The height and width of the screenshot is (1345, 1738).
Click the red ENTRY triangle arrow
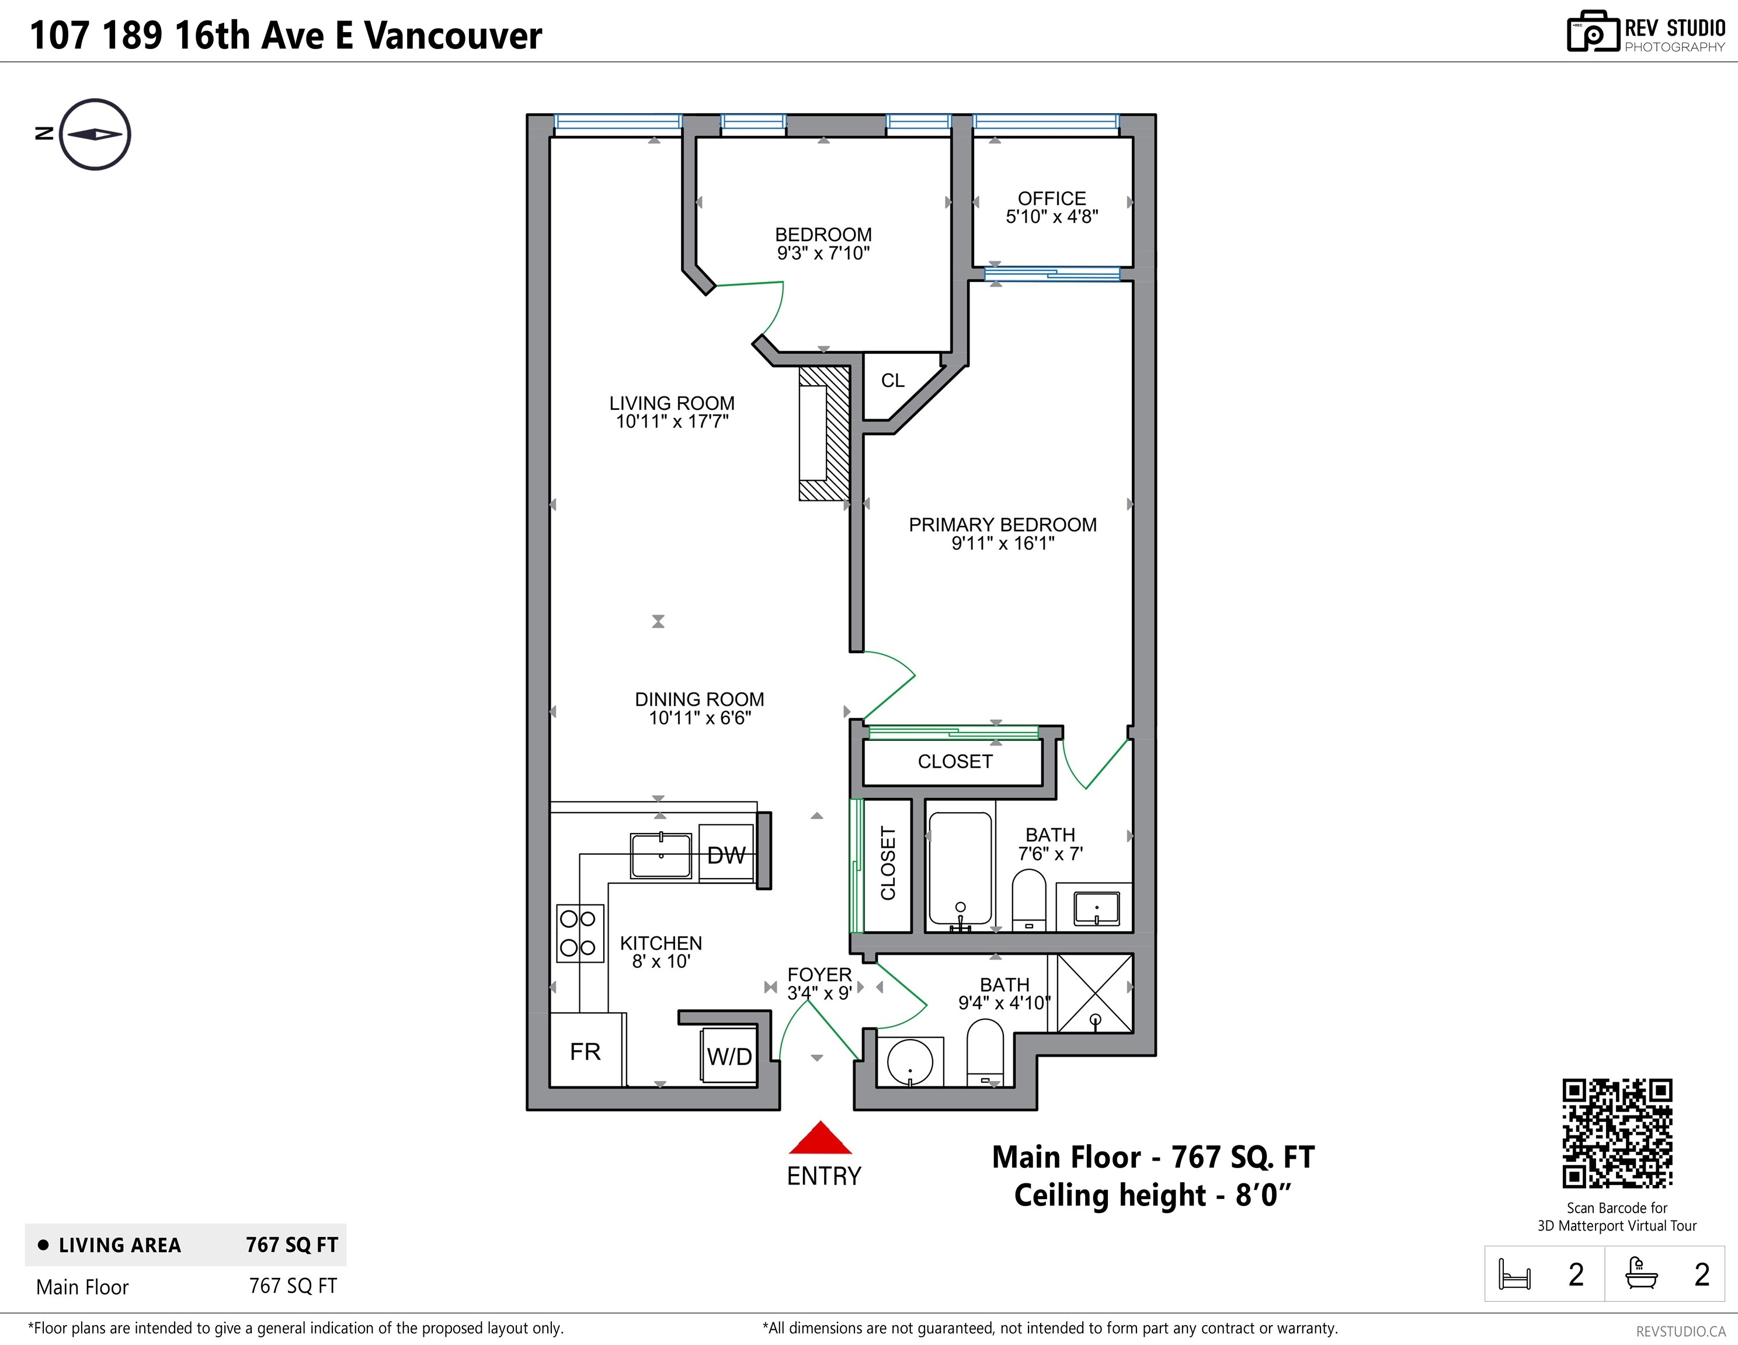click(821, 1139)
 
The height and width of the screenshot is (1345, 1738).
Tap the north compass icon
click(95, 134)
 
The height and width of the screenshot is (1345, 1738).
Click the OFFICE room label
click(1051, 198)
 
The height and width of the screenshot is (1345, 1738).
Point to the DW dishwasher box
click(726, 854)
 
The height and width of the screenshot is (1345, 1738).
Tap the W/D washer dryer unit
click(729, 1055)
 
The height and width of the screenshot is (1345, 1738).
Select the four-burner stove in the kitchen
click(579, 933)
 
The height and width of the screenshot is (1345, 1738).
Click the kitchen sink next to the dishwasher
click(661, 855)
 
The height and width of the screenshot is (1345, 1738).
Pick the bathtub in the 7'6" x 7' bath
click(960, 871)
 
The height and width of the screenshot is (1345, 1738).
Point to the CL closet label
click(892, 380)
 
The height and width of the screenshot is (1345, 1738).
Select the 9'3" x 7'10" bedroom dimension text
click(823, 253)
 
